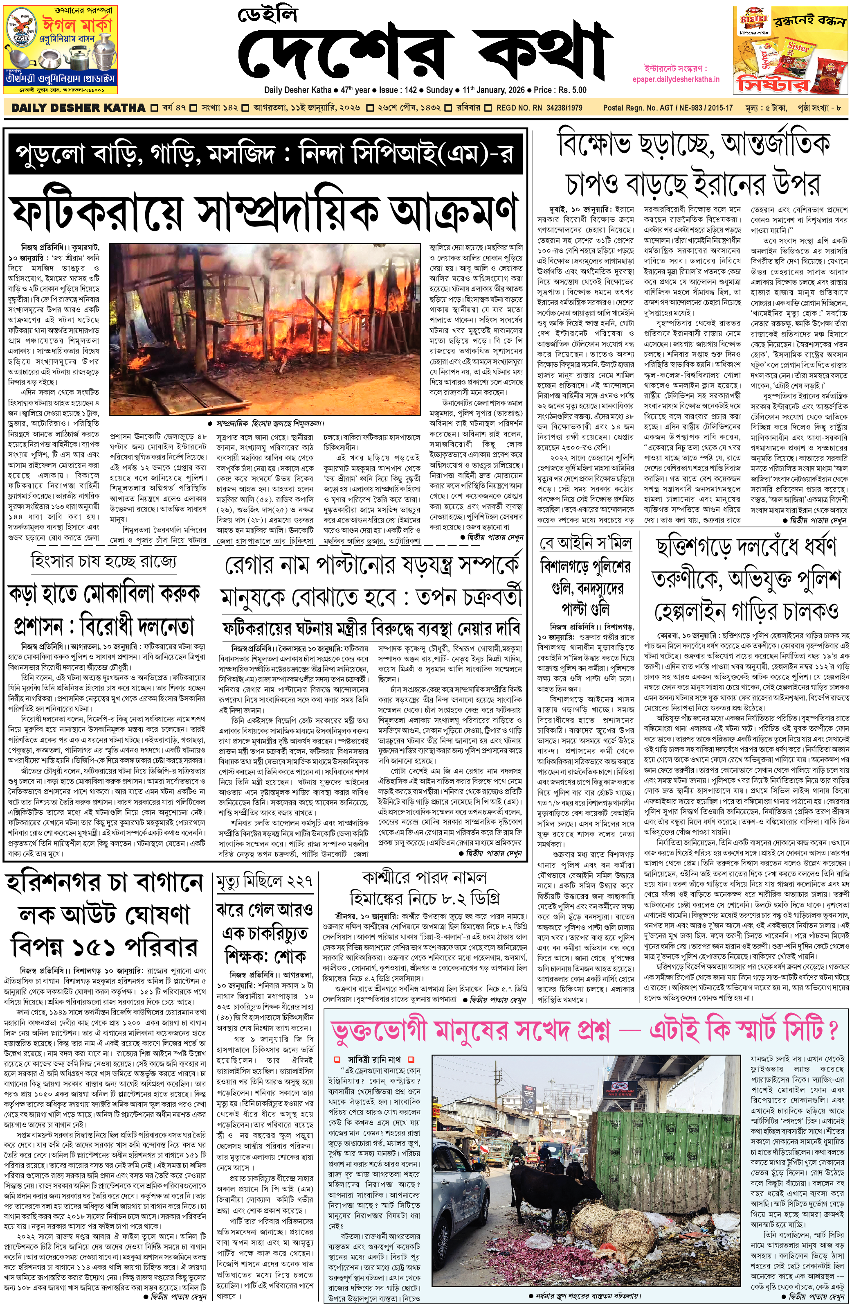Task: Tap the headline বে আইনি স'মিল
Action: (x=586, y=543)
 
